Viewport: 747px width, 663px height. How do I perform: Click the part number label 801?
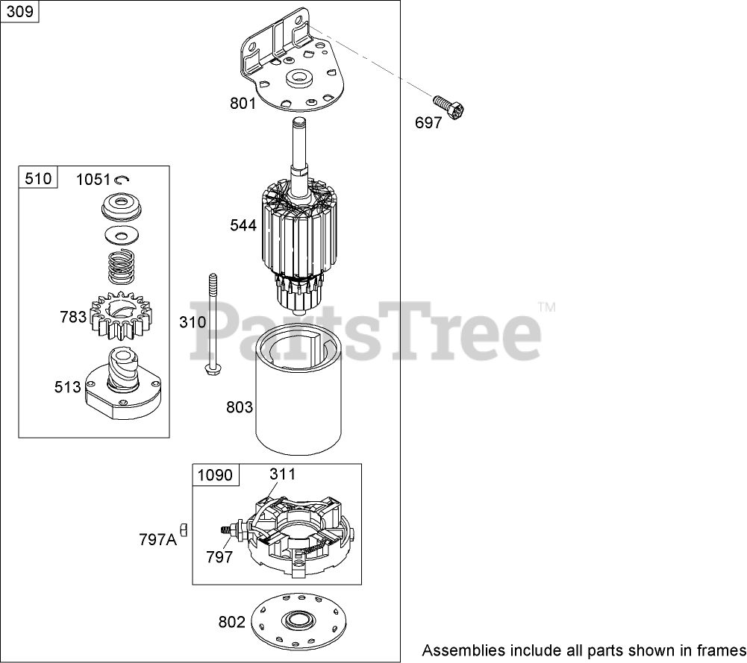[x=243, y=103]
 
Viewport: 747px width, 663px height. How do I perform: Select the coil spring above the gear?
[x=124, y=267]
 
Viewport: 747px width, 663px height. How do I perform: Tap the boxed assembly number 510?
[x=38, y=177]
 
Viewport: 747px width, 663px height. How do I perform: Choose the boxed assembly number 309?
[x=20, y=13]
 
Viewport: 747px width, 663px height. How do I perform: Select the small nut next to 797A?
[x=184, y=530]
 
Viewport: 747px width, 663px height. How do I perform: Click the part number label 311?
[x=282, y=474]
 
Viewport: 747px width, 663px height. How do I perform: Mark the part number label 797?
[x=219, y=556]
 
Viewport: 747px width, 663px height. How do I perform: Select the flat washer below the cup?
[x=123, y=235]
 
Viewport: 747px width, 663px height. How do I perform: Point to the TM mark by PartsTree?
[x=547, y=306]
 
